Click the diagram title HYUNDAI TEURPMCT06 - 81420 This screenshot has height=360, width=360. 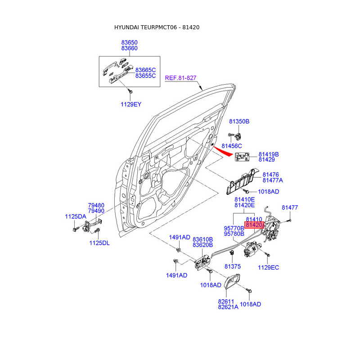(x=157, y=27)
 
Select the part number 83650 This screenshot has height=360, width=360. (x=129, y=42)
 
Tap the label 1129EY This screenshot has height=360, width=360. (x=130, y=104)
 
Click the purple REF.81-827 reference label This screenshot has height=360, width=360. (x=180, y=78)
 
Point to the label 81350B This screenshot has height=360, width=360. (x=239, y=121)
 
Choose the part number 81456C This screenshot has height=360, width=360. (x=232, y=146)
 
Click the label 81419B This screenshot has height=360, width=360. (x=269, y=154)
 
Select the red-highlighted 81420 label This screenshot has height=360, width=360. (x=253, y=225)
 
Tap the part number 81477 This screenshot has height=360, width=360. (x=290, y=207)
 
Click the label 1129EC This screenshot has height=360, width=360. (x=268, y=268)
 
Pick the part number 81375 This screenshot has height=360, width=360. (x=232, y=266)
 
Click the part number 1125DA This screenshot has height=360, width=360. (x=75, y=216)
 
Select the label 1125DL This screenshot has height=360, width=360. (x=99, y=243)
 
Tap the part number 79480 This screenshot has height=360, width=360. (x=96, y=205)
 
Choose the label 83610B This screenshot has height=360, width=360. (x=202, y=239)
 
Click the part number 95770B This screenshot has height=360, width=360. (x=234, y=228)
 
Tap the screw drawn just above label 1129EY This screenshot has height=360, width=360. (x=130, y=91)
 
